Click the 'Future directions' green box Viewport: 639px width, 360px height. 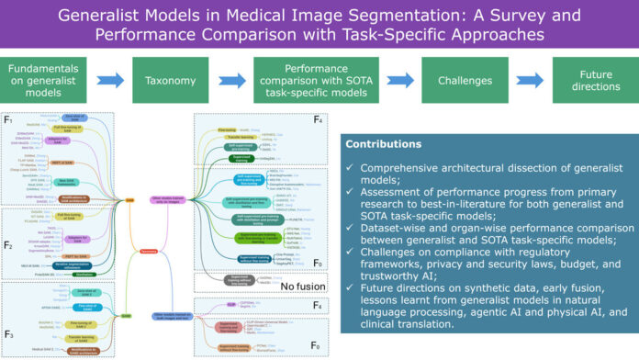pos(592,81)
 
